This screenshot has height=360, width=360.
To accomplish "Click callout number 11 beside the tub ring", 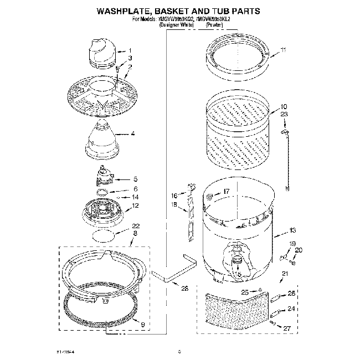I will (283, 50).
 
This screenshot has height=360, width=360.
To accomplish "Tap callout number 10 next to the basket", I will (283, 106).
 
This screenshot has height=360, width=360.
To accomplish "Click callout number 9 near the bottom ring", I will (142, 323).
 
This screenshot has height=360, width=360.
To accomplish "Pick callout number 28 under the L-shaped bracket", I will (184, 288).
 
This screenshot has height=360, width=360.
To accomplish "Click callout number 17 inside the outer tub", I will (226, 192).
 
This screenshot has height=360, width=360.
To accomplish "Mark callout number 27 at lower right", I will (286, 328).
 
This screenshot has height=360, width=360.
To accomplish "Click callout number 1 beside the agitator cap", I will (130, 50).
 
